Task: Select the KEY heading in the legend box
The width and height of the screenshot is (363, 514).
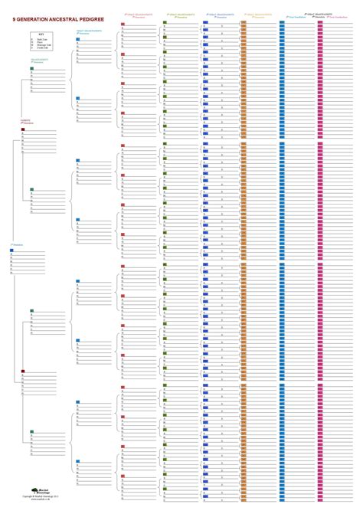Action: click(x=41, y=34)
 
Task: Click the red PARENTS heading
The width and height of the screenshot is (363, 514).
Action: click(x=25, y=120)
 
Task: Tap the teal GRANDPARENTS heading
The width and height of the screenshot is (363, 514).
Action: click(x=40, y=58)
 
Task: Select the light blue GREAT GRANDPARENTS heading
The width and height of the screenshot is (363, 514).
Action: click(x=85, y=30)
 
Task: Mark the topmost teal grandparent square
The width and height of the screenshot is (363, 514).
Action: click(x=31, y=68)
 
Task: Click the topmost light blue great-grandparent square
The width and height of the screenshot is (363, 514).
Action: click(x=78, y=38)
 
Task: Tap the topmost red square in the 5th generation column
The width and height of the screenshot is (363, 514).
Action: click(x=123, y=25)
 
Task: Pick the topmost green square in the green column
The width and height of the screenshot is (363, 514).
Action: click(x=164, y=22)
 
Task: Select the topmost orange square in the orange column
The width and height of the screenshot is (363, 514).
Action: click(x=244, y=22)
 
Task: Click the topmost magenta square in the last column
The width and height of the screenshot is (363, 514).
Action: click(x=320, y=22)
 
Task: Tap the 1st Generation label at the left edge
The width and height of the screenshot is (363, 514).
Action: click(x=17, y=244)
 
